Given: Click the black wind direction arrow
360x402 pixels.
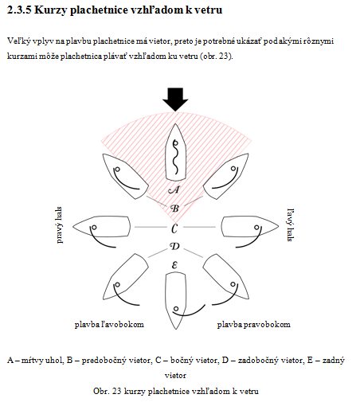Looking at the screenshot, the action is click(x=175, y=100).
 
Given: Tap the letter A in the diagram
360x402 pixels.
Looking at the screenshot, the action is click(x=174, y=189).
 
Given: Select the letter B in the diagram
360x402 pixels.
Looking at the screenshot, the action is click(x=174, y=209).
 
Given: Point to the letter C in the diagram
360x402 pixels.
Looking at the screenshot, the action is click(x=174, y=228).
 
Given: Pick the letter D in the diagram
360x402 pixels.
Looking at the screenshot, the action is click(x=174, y=247).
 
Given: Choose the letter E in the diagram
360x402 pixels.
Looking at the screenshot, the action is click(x=174, y=265).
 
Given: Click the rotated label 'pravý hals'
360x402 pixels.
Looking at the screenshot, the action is click(x=60, y=225).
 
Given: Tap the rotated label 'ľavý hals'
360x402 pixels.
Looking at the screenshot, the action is click(x=291, y=225).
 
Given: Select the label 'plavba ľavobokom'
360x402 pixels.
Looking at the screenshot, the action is click(x=109, y=324).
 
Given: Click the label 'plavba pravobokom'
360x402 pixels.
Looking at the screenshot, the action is click(x=253, y=324).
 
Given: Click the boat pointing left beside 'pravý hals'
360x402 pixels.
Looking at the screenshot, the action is click(x=101, y=227).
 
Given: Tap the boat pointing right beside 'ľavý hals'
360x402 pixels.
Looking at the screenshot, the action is click(x=250, y=227).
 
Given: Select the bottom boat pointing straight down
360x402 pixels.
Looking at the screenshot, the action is click(x=175, y=301).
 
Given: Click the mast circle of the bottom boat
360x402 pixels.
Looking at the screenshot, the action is click(x=176, y=309).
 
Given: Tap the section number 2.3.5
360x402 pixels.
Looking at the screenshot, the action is click(x=19, y=10).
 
